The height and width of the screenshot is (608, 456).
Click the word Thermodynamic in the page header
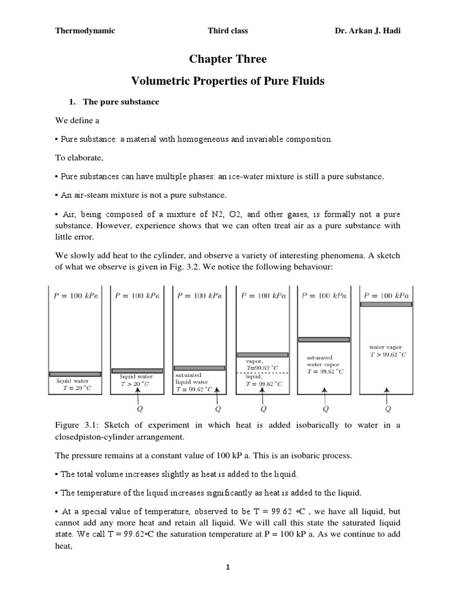[x=85, y=31]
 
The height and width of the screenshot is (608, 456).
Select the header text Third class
[x=227, y=31]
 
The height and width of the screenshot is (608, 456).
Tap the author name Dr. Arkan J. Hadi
[x=368, y=31]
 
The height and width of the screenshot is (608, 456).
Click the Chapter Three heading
[x=227, y=59]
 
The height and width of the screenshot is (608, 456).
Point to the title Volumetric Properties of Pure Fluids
[x=227, y=81]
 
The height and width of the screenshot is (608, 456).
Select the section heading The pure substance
[x=121, y=102]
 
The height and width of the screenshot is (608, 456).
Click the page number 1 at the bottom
[x=227, y=568]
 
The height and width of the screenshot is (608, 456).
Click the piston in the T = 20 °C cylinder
[x=75, y=373]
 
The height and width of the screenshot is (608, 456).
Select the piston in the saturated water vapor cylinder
[x=324, y=340]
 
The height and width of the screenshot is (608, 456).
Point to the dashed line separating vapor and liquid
[x=262, y=372]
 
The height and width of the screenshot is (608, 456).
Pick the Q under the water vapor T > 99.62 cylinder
[x=387, y=408]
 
